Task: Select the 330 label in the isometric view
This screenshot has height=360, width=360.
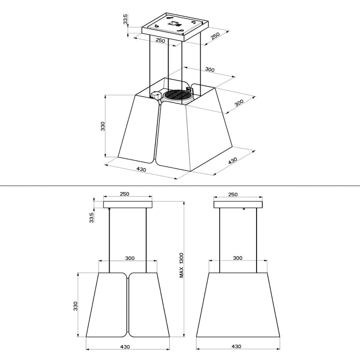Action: (x=103, y=126)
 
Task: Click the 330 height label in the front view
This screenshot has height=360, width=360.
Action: (x=76, y=306)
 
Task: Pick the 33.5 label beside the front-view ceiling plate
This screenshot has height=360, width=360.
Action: (x=91, y=217)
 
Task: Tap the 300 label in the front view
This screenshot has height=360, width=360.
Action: (x=129, y=258)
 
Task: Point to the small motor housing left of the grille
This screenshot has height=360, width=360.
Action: (x=156, y=95)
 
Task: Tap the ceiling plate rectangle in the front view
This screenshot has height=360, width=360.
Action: (x=128, y=205)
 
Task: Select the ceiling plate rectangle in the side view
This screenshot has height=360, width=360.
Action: (x=238, y=205)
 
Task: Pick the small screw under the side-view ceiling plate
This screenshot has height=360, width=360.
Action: (x=244, y=209)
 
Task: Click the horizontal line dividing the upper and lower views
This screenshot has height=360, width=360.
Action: (x=180, y=184)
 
